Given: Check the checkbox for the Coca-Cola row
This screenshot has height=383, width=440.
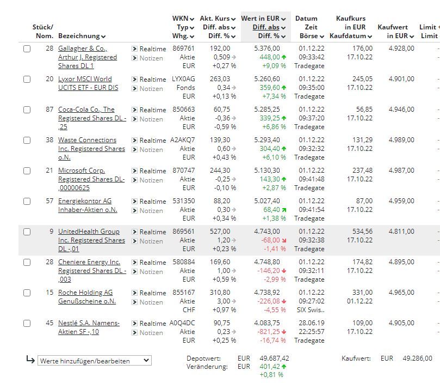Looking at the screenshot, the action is coord(27,110).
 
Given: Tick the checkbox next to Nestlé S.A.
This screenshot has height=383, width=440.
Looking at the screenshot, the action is coord(27,323).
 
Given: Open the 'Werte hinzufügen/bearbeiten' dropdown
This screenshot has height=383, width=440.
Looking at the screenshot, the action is coord(95,361).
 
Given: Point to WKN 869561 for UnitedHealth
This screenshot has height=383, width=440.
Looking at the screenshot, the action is coord(183,231).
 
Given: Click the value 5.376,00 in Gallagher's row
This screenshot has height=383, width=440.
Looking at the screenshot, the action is coord(267,48).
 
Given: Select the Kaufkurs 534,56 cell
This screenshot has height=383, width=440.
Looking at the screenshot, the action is coord(363,231).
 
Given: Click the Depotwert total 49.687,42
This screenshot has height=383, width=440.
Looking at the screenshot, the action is coord(274,358).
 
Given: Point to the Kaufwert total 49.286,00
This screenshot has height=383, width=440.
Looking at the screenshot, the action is coord(417,358).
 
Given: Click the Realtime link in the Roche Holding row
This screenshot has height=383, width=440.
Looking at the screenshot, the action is coord(153,293).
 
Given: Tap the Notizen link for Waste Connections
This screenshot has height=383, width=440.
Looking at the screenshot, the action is coord(151,150).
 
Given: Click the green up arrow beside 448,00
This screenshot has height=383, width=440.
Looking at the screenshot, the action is coord(284,57).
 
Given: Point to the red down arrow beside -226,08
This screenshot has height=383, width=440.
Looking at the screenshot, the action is coord(284,301).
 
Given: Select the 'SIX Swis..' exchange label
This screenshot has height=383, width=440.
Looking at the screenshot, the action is coord(311,310).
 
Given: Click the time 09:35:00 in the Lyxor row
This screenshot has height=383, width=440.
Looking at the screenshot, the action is coord(312,88).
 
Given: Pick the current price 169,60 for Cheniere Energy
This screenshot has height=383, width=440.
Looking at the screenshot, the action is coord(220,262).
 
